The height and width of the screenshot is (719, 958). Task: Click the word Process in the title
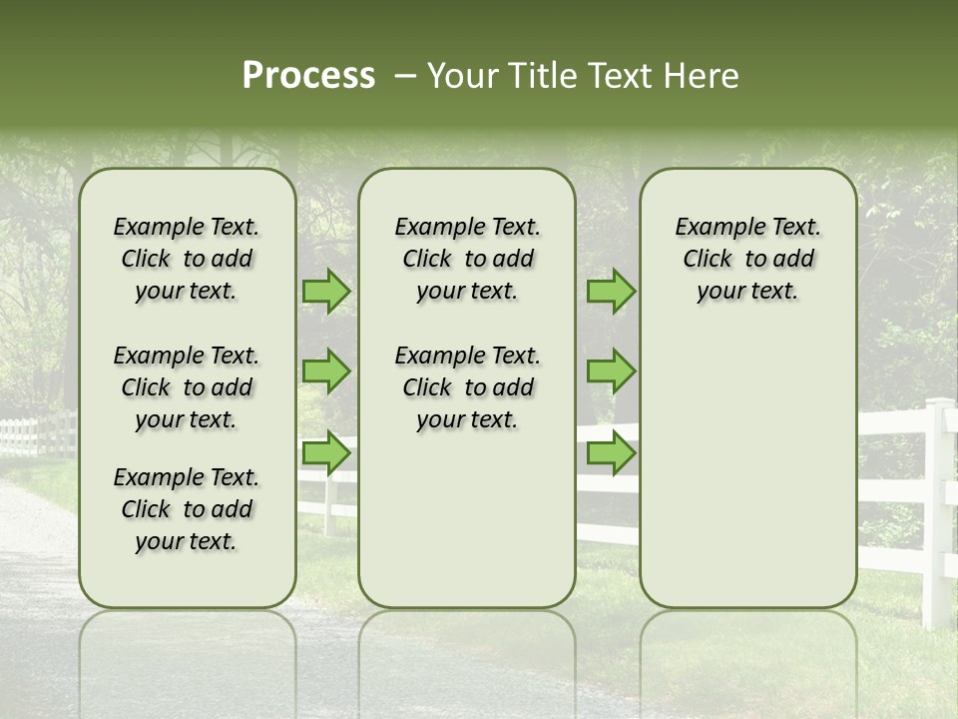pos(308,76)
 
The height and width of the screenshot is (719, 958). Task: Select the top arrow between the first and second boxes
pos(326,291)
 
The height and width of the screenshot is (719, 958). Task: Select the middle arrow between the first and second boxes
pos(326,371)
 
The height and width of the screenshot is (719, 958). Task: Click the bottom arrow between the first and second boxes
pos(326,453)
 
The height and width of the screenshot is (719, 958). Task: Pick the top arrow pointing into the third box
pos(611,291)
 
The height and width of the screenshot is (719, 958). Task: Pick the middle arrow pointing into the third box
pos(611,371)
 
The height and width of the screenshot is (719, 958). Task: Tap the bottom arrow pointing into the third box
pos(611,453)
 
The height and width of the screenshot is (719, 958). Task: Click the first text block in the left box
pos(187,259)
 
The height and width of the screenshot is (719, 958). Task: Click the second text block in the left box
pos(187,387)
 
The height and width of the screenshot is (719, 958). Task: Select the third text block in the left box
pos(187,509)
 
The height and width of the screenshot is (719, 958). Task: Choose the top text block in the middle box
pos(467,259)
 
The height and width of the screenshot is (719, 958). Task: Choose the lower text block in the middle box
pos(467,387)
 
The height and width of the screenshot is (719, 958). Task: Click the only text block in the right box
pos(747,259)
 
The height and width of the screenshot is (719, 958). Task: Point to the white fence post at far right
pos(937,509)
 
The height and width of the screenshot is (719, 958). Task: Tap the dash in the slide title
pos(405,77)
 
